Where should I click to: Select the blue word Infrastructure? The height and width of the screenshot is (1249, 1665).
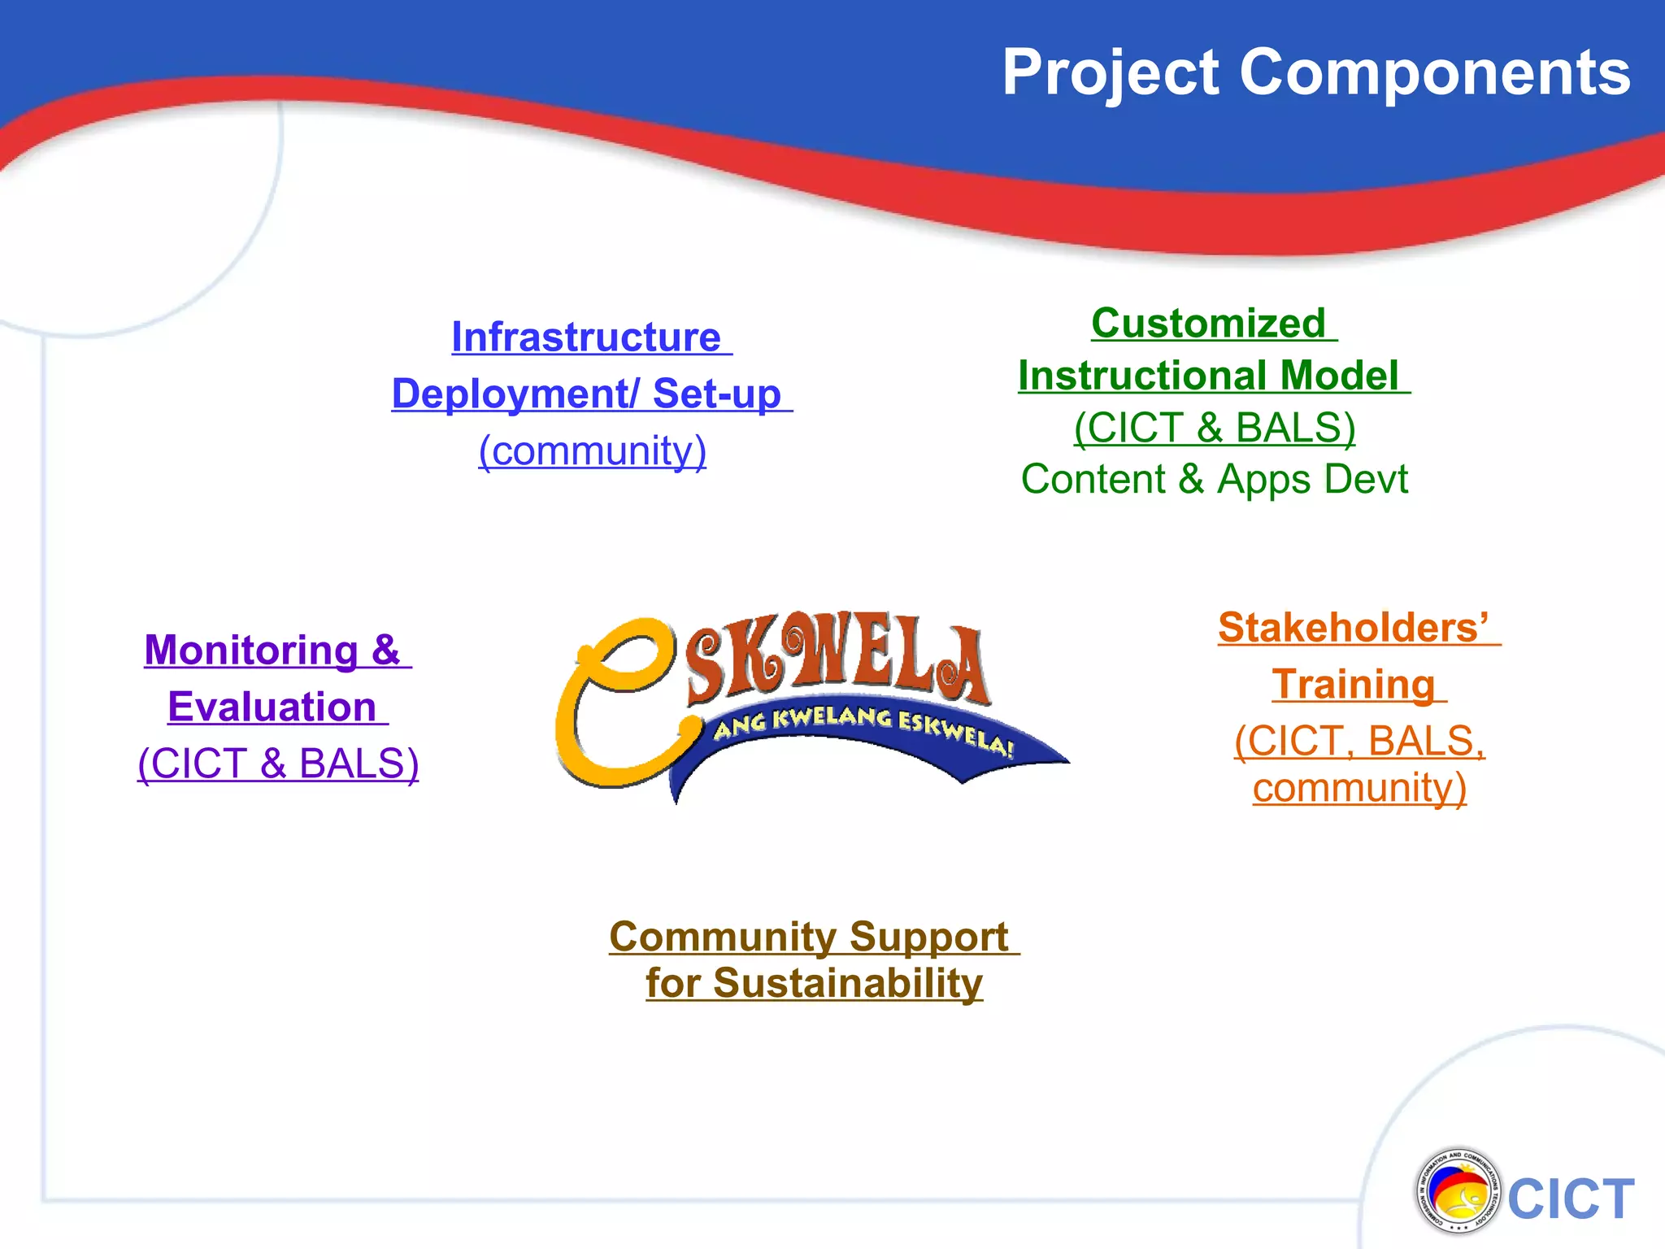586,337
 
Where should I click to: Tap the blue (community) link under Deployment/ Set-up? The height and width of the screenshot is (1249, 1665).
592,450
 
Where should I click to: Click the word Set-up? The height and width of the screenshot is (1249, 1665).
716,394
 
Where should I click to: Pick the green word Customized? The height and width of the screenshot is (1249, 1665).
1208,323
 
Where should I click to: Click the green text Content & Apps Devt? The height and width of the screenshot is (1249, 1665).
1214,479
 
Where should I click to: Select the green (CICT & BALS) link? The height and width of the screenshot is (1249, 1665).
1214,428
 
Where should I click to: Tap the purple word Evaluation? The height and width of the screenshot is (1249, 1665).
272,707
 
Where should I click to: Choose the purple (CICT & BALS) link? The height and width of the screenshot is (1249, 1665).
278,764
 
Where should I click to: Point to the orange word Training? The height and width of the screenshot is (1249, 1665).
1353,685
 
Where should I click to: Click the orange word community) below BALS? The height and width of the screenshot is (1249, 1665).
1359,788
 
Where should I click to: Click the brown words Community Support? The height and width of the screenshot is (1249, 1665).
809,937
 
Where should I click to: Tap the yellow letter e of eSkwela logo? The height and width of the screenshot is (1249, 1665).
618,699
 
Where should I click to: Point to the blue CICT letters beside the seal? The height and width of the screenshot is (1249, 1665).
1571,1199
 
